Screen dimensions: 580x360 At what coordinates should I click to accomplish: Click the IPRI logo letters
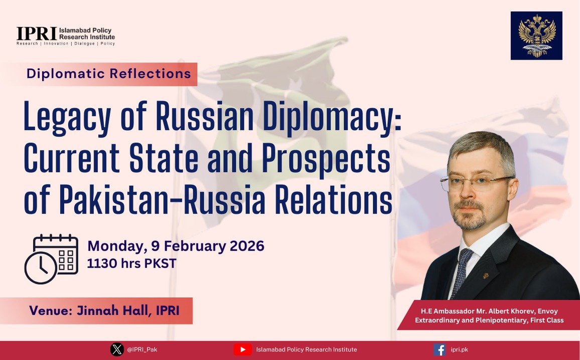click(x=36, y=34)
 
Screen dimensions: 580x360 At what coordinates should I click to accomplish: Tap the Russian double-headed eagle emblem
click(x=536, y=36)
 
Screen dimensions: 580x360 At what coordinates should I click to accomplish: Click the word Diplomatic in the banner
click(x=66, y=74)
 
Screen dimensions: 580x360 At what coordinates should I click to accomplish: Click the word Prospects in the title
click(x=326, y=158)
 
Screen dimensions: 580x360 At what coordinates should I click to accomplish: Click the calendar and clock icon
click(x=51, y=259)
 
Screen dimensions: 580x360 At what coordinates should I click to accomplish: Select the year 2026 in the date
click(x=247, y=246)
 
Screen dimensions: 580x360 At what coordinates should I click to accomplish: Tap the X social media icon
click(x=117, y=349)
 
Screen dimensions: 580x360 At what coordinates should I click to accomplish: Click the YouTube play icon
click(x=243, y=349)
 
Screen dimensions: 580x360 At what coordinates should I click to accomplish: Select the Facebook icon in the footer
click(x=440, y=349)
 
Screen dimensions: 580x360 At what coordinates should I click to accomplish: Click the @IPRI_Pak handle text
click(x=142, y=349)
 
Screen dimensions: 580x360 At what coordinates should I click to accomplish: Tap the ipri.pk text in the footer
click(x=460, y=349)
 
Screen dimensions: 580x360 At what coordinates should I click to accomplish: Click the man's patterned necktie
click(x=462, y=272)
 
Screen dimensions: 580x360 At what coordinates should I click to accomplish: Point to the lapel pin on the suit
click(x=486, y=276)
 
